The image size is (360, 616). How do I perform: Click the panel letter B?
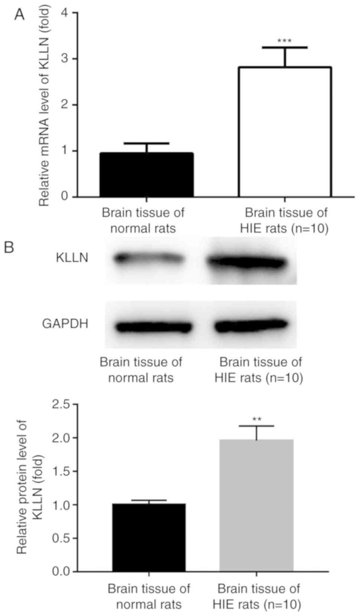tap(9, 247)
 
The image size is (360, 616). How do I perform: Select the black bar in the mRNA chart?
tap(146, 175)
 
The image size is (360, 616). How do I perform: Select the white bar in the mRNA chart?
tap(285, 132)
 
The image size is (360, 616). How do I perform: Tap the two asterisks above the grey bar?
tap(257, 420)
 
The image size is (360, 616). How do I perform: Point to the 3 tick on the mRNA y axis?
tap(65, 59)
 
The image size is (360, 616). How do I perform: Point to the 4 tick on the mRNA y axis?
tap(65, 13)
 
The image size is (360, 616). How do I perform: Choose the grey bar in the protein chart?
tap(256, 505)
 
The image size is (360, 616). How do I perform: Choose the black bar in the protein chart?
tap(149, 537)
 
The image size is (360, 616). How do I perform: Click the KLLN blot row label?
tap(72, 257)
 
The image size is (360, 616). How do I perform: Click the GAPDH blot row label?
tap(65, 324)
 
